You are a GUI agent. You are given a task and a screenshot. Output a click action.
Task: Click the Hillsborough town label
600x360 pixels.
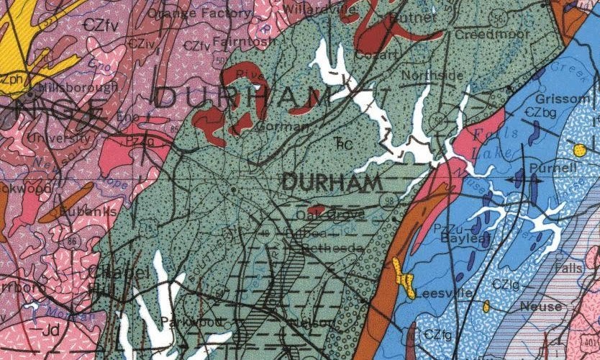click(81, 87)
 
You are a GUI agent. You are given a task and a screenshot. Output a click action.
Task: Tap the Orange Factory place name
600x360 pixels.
click(182, 12)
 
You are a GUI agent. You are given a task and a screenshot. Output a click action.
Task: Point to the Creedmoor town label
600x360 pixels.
click(484, 35)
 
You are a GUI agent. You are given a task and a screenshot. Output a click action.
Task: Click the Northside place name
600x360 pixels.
click(432, 75)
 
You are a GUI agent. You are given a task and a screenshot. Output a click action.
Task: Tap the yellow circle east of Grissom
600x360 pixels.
click(579, 150)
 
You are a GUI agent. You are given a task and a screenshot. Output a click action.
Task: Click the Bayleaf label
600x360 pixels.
click(461, 237)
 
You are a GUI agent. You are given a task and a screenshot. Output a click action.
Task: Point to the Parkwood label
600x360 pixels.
click(188, 320)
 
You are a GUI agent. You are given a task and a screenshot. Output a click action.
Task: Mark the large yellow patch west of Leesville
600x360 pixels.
click(404, 277)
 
